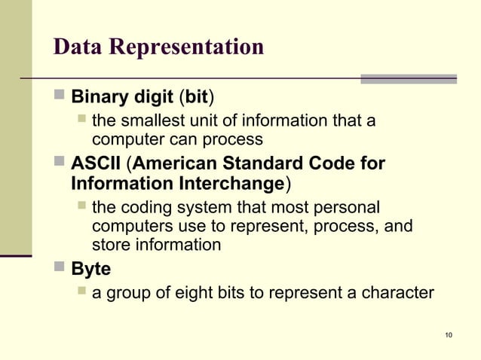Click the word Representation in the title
[186, 47]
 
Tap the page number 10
[449, 335]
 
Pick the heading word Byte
[90, 269]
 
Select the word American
[174, 163]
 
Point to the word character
[396, 292]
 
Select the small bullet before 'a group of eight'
[81, 291]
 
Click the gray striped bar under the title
[408, 78]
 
